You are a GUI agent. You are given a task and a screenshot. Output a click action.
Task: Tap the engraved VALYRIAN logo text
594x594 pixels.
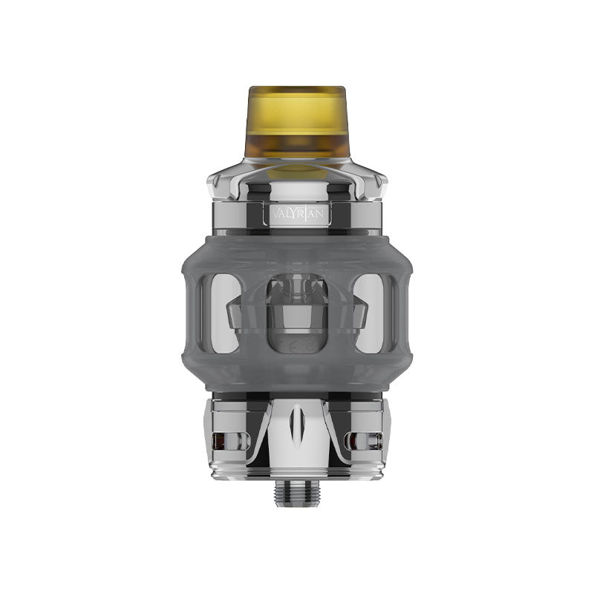coord(297,213)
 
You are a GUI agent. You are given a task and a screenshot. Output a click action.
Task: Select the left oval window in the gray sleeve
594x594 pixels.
coord(222,313)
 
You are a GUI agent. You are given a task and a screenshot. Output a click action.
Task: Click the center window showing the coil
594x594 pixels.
coord(297,312)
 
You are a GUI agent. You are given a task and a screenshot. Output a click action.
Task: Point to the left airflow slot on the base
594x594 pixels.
coord(221,440)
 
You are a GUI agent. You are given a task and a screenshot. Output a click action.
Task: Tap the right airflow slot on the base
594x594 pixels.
coord(372,440)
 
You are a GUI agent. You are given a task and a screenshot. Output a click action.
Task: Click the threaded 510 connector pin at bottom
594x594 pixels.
coord(297,493)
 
